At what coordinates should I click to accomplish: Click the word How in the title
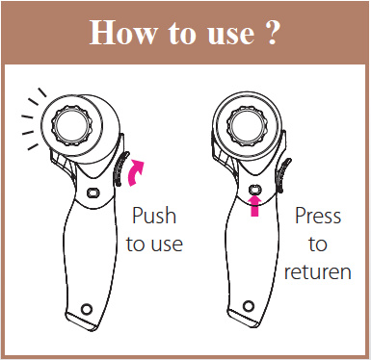[x=123, y=33]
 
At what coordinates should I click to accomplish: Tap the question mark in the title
[x=272, y=33]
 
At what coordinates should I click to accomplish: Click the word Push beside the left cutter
[x=154, y=216]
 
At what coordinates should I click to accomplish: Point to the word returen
[x=318, y=271]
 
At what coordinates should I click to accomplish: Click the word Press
[x=318, y=216]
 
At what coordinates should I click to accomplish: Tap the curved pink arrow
[x=135, y=173]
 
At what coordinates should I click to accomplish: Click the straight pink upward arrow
[x=254, y=206]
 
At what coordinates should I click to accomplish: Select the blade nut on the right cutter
[x=245, y=125]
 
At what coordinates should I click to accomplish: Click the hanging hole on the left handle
[x=86, y=309]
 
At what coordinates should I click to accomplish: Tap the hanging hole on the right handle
[x=249, y=306]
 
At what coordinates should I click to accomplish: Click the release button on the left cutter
[x=93, y=193]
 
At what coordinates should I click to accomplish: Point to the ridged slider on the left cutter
[x=119, y=168]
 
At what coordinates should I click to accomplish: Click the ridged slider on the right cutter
[x=282, y=175]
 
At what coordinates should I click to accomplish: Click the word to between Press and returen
[x=318, y=244]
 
